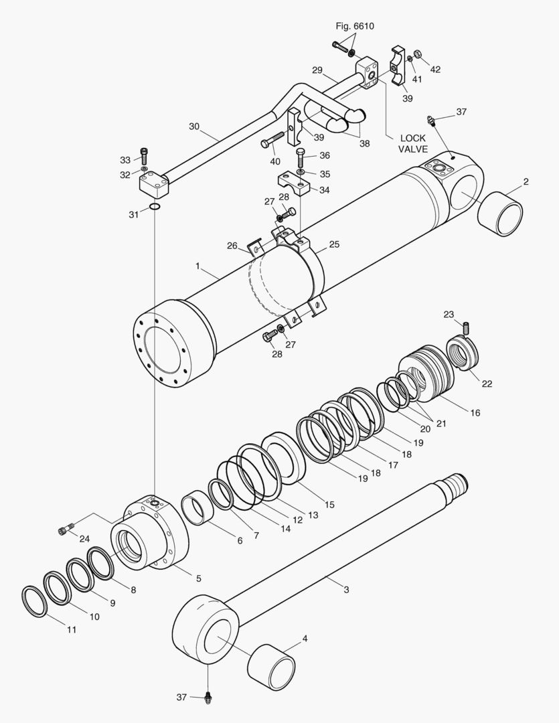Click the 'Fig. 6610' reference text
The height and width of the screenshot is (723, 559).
click(355, 26)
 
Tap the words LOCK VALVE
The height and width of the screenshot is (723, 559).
click(412, 144)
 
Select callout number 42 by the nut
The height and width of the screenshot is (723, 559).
click(435, 70)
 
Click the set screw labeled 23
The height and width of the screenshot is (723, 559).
click(467, 328)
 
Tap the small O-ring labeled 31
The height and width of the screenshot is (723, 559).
click(155, 207)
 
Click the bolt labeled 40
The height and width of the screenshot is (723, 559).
click(272, 143)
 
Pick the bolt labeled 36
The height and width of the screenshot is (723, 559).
click(301, 159)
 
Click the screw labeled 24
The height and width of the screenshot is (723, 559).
click(65, 531)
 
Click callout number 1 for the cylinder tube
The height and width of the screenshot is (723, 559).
click(197, 266)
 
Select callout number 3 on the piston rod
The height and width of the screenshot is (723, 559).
click(346, 590)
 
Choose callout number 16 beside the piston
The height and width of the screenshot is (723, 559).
click(475, 413)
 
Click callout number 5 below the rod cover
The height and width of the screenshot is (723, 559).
click(197, 578)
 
